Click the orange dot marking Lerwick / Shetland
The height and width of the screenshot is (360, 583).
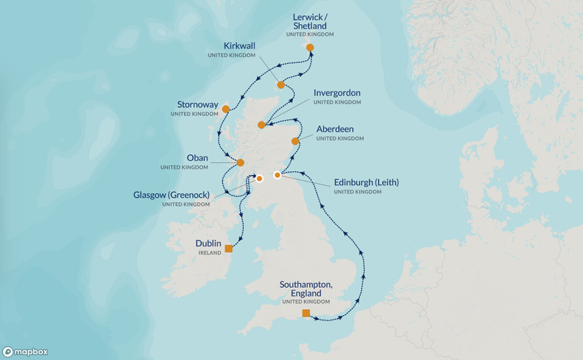[x=310, y=47]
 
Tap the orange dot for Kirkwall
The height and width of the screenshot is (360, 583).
[x=281, y=85]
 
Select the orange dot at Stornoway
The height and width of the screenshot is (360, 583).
[x=225, y=109]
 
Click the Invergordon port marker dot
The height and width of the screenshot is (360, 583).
[x=261, y=125]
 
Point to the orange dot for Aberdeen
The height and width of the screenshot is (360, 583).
[x=295, y=141]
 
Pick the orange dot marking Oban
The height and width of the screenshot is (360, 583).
[x=240, y=163]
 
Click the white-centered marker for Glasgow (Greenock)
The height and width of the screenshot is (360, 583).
[x=259, y=179]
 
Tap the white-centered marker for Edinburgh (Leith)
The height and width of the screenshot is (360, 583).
[x=278, y=175]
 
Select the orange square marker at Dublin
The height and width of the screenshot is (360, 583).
[x=228, y=248]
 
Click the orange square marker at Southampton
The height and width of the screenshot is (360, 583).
[x=306, y=313]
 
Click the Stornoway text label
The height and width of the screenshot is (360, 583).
[x=198, y=105]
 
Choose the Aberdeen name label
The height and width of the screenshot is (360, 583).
[x=335, y=129]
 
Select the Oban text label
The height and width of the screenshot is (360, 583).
[x=197, y=158]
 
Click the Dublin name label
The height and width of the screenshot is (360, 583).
[x=208, y=243]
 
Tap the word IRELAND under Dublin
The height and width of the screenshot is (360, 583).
[x=210, y=253]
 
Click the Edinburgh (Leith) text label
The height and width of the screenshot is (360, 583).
[x=366, y=182]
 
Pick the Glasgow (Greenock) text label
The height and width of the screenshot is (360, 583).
[x=171, y=195]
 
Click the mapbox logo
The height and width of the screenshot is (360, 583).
[x=26, y=352]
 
